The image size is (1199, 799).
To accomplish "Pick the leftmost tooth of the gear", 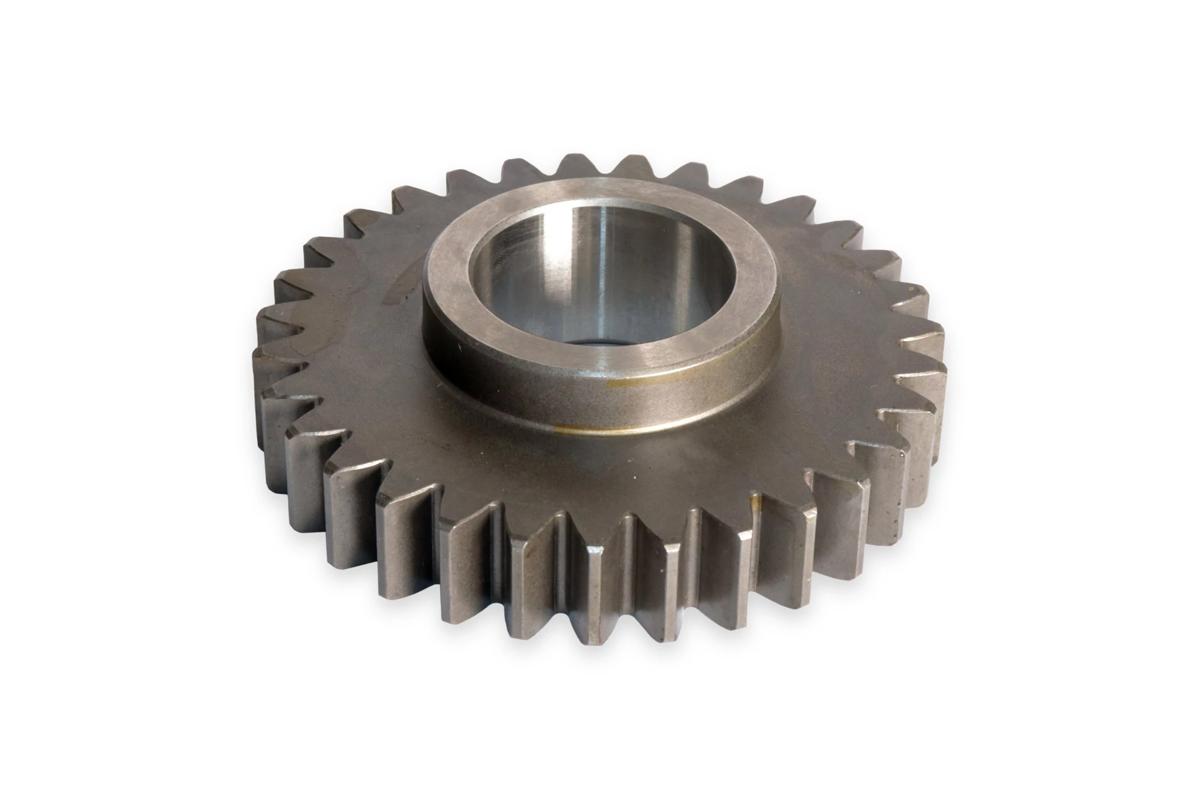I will tap(264, 360).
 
